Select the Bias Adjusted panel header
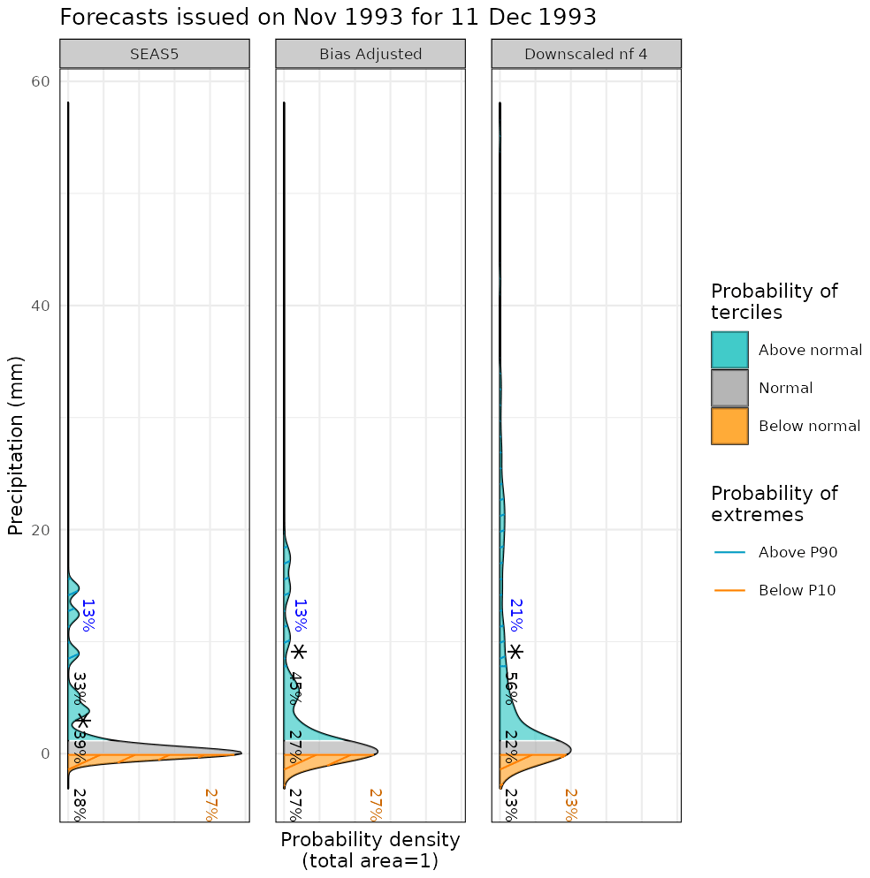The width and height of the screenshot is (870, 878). [370, 54]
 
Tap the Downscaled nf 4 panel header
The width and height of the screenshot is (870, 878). [585, 54]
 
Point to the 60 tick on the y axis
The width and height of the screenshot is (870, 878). [41, 81]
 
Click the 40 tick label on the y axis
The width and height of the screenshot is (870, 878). [41, 306]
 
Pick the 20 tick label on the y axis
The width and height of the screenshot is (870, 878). [41, 530]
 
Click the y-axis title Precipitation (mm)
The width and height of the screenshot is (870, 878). [16, 445]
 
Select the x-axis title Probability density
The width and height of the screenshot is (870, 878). [370, 839]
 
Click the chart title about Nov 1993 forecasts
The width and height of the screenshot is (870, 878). [327, 17]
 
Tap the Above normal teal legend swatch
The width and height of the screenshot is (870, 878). [729, 350]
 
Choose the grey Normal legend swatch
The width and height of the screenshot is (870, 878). [729, 388]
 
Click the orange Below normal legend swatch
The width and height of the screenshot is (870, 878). [729, 426]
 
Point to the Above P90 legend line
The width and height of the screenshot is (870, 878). [729, 553]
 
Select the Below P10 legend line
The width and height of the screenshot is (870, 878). [729, 591]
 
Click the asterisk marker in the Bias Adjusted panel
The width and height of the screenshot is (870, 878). [299, 652]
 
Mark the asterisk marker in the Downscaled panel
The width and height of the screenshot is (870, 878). [515, 652]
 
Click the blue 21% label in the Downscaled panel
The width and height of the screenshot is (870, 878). [515, 615]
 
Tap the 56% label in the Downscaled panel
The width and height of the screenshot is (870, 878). [511, 687]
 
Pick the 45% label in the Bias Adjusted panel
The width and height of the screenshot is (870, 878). [296, 688]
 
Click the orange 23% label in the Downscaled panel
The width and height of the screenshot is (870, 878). [571, 805]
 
